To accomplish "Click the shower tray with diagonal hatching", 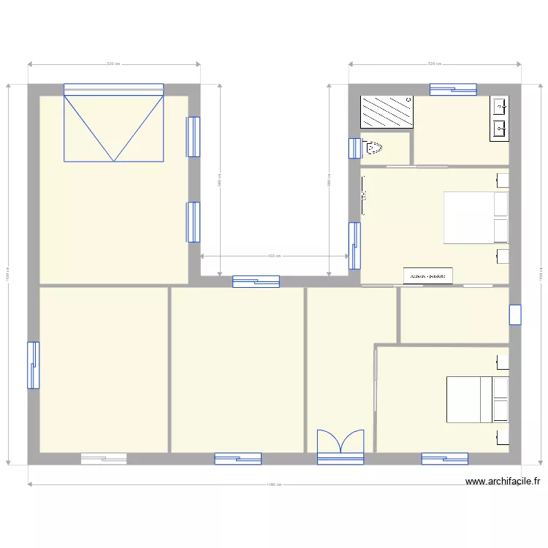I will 387,113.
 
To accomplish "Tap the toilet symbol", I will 373,148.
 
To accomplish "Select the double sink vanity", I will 501,118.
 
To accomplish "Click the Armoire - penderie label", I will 428,276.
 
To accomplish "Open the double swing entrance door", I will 340,446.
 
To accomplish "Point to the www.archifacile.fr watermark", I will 503,482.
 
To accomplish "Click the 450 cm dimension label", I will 271,256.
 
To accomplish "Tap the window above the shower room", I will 453,89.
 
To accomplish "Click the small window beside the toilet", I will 354,148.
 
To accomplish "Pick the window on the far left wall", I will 33,365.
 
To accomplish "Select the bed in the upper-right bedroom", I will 476,217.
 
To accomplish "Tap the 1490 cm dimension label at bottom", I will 274,484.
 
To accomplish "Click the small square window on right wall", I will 515,314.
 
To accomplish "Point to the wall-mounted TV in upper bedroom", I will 363,195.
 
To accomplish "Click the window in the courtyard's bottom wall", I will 256,281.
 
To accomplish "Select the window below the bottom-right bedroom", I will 444,459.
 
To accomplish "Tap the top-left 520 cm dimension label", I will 113,64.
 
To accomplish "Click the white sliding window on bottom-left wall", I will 104,459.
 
